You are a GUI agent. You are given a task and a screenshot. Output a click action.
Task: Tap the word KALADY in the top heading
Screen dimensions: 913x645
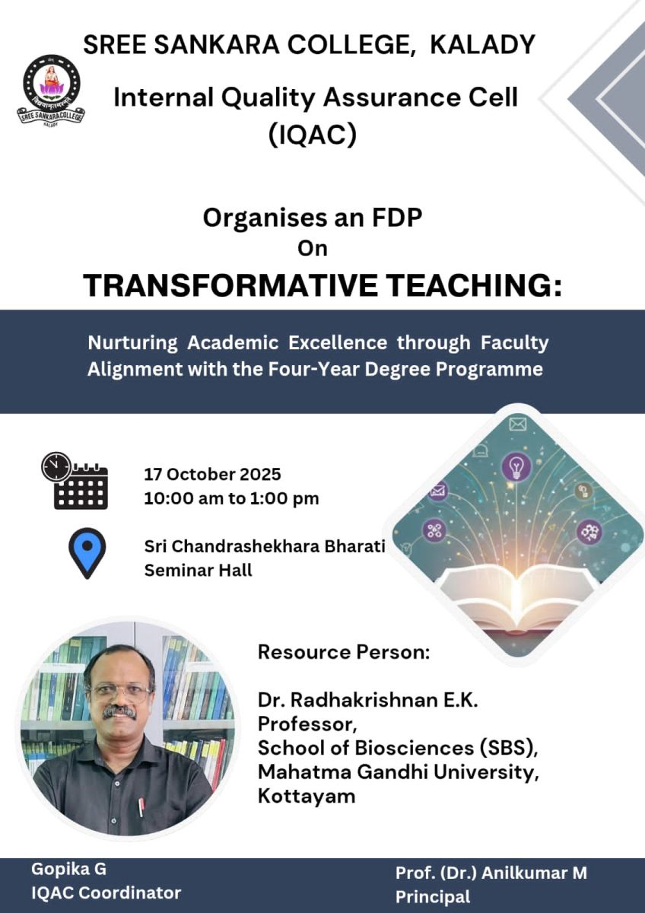point(483,45)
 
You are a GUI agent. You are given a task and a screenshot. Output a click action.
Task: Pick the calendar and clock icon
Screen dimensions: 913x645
point(75,481)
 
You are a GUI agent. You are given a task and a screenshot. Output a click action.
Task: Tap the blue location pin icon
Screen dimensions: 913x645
point(87,552)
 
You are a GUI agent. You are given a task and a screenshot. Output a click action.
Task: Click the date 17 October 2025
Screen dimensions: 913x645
point(213,475)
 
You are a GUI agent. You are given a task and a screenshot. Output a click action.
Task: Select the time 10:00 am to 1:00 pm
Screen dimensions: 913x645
point(231,499)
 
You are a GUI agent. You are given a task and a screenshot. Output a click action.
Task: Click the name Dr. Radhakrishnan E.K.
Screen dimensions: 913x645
point(367,701)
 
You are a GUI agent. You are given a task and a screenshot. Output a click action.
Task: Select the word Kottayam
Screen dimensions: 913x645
point(307,796)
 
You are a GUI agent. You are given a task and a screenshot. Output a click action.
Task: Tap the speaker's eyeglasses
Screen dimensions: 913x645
point(120,692)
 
